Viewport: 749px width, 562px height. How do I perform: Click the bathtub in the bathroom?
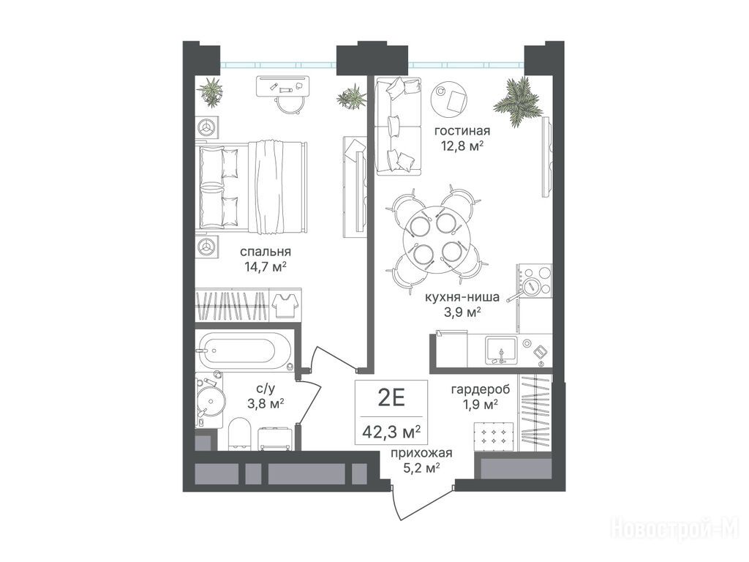pos(244,351)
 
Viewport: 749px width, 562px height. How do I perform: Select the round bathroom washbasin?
pos(211,400)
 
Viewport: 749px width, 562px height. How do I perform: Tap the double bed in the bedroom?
pos(252,187)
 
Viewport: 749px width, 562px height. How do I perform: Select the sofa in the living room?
pos(398,125)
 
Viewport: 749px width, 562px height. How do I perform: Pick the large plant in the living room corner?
pos(517,101)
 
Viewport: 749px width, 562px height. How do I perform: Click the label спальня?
pos(265,252)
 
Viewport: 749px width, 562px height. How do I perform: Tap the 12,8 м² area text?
pos(462,144)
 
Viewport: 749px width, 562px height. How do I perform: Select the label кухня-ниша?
pos(462,297)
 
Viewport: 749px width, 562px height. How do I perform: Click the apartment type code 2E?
pos(391,397)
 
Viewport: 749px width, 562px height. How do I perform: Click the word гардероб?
pos(481,389)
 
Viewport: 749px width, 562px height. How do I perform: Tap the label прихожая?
pos(421,454)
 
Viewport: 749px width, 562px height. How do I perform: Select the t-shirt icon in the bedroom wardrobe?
pos(285,305)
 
